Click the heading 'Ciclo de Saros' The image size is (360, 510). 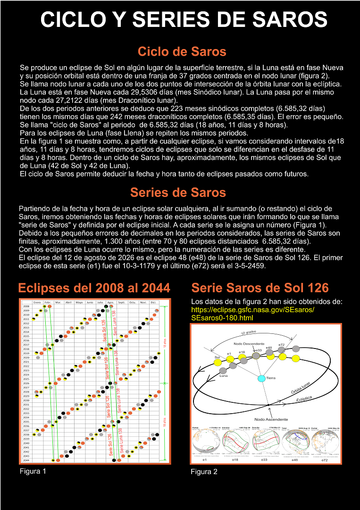click(x=182, y=51)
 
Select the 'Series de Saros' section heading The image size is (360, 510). click(x=178, y=192)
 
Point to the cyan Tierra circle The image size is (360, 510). click(x=261, y=378)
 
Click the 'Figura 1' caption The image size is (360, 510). click(x=33, y=471)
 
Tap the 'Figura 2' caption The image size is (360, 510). click(x=204, y=471)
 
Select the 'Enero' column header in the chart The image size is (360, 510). click(x=37, y=302)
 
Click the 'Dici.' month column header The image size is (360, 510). click(x=152, y=302)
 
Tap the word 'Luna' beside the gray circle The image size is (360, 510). click(x=224, y=375)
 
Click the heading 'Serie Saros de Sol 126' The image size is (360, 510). click(x=260, y=288)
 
